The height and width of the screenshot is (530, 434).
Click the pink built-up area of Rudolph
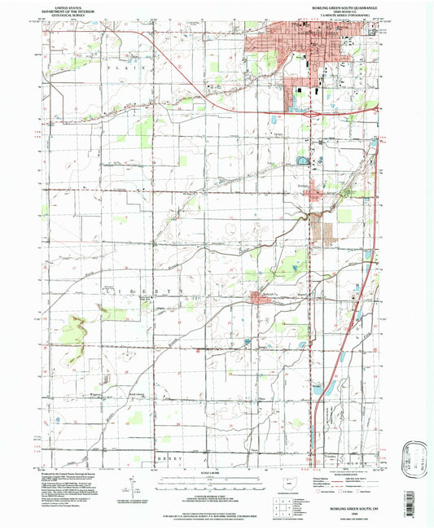pyautogui.click(x=259, y=304)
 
